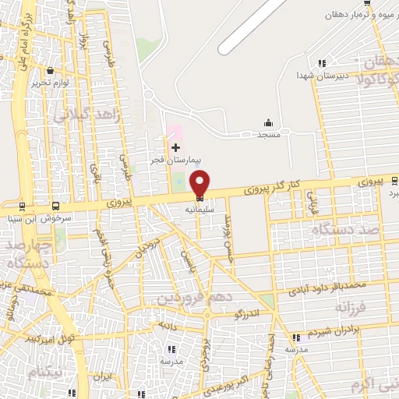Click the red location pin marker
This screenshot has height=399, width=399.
199,183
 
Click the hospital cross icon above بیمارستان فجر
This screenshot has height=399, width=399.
175,147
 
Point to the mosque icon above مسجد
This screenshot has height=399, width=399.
269,122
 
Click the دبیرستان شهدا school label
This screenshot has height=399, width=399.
314,75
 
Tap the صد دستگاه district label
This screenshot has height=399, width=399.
338,230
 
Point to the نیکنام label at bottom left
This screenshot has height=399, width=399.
44,371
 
